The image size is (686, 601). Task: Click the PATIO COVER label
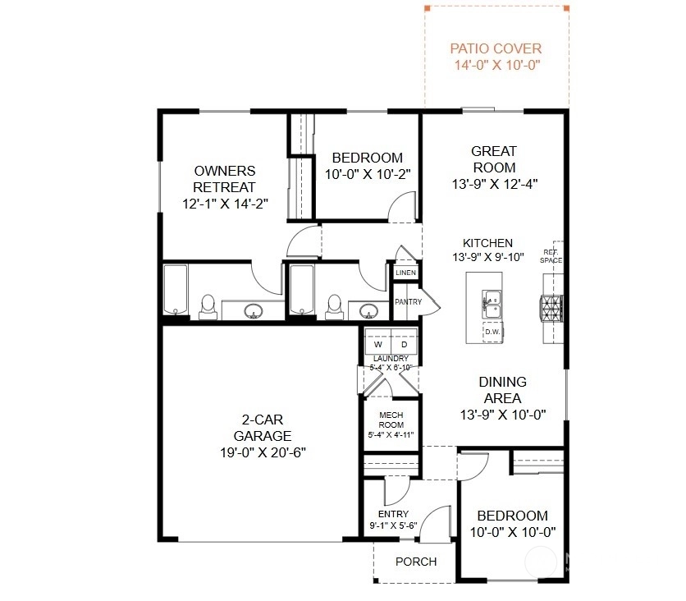click(496, 48)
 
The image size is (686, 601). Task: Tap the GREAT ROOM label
click(494, 159)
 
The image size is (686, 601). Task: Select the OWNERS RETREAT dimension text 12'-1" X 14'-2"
click(225, 204)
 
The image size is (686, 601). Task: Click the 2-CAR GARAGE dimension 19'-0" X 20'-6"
click(263, 452)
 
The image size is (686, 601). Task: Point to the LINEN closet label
click(405, 273)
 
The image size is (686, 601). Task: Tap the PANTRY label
click(408, 301)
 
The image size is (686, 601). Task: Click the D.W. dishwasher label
click(492, 332)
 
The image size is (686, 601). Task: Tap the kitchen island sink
click(492, 305)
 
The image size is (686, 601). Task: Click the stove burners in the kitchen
click(551, 308)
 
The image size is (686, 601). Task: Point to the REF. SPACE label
click(551, 256)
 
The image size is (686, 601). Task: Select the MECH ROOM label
click(391, 420)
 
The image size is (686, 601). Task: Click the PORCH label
click(416, 562)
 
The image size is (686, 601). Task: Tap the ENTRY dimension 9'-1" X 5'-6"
click(393, 525)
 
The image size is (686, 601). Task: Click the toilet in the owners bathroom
click(208, 306)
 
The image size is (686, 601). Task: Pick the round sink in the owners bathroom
click(254, 311)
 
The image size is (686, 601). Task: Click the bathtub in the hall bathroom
click(302, 289)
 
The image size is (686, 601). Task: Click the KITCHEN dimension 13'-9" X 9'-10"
click(487, 257)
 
